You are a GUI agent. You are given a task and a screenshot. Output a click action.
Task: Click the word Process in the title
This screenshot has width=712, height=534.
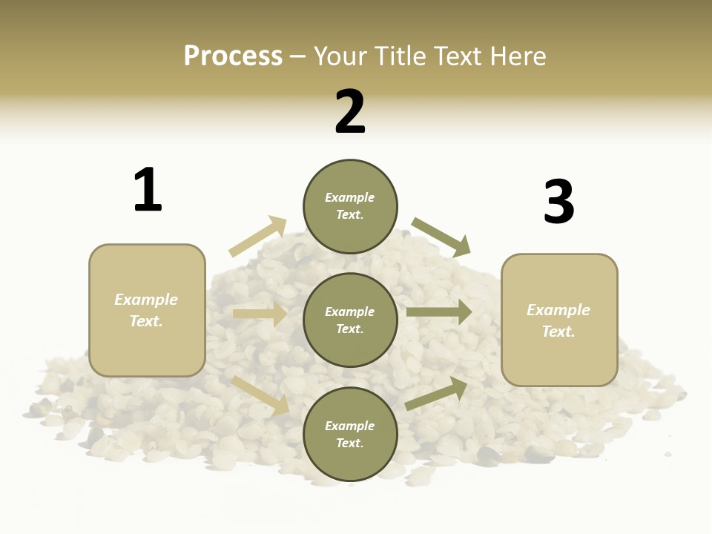click(233, 56)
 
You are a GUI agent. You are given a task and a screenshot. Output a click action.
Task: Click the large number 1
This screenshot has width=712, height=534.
click(148, 190)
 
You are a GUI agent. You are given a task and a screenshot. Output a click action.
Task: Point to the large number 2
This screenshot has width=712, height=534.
click(350, 112)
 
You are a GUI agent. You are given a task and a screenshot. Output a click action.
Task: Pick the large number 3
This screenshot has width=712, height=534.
click(558, 202)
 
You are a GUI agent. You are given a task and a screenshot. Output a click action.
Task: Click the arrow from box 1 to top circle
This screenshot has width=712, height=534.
click(257, 237)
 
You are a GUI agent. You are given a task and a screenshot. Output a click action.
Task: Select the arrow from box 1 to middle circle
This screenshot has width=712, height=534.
click(260, 314)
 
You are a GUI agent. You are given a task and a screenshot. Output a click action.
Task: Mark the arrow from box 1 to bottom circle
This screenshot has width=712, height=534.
click(260, 395)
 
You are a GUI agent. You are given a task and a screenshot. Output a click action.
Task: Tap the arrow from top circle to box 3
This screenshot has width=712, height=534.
click(441, 237)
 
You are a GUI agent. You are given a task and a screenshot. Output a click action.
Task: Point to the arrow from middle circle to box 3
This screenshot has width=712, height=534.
click(438, 312)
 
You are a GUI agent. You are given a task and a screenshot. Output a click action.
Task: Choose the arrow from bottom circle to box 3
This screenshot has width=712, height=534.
click(436, 394)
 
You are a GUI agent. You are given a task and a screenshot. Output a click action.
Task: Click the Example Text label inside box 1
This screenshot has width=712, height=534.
click(146, 310)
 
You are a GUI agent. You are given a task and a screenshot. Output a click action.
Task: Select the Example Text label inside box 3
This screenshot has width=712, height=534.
click(558, 320)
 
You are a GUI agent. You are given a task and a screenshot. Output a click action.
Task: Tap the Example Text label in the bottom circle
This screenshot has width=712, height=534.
click(350, 435)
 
